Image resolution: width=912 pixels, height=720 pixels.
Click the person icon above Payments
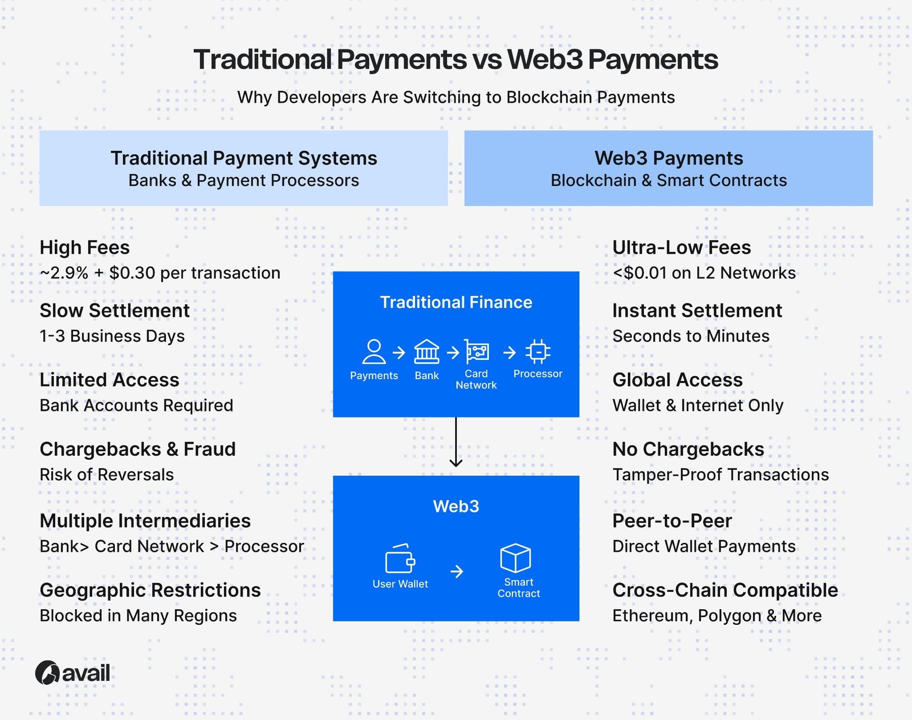click(x=373, y=351)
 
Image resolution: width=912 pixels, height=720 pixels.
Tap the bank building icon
click(x=426, y=351)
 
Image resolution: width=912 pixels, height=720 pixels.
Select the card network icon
click(x=477, y=351)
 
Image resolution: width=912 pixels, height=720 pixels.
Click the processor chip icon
click(x=538, y=351)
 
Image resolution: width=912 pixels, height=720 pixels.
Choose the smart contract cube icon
click(x=515, y=558)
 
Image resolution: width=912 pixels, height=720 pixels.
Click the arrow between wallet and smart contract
click(x=456, y=571)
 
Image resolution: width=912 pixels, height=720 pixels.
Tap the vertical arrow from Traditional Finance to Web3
click(x=456, y=442)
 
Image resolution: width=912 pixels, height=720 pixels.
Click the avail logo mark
click(x=47, y=673)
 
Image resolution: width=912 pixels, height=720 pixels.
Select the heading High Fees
click(x=85, y=247)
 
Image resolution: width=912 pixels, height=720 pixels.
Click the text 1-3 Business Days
click(x=112, y=336)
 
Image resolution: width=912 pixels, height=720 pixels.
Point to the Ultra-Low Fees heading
click(x=681, y=247)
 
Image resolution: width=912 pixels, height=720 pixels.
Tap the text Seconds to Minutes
click(x=691, y=336)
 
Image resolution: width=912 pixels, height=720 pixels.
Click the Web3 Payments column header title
click(x=668, y=158)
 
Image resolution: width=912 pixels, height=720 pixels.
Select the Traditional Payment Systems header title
click(x=244, y=158)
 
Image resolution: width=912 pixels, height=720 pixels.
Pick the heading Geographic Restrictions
click(x=150, y=590)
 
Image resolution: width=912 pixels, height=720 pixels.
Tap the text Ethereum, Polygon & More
click(x=717, y=616)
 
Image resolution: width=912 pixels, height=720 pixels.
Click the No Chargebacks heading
click(x=688, y=449)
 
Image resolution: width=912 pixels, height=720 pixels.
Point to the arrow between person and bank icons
click(x=399, y=352)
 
